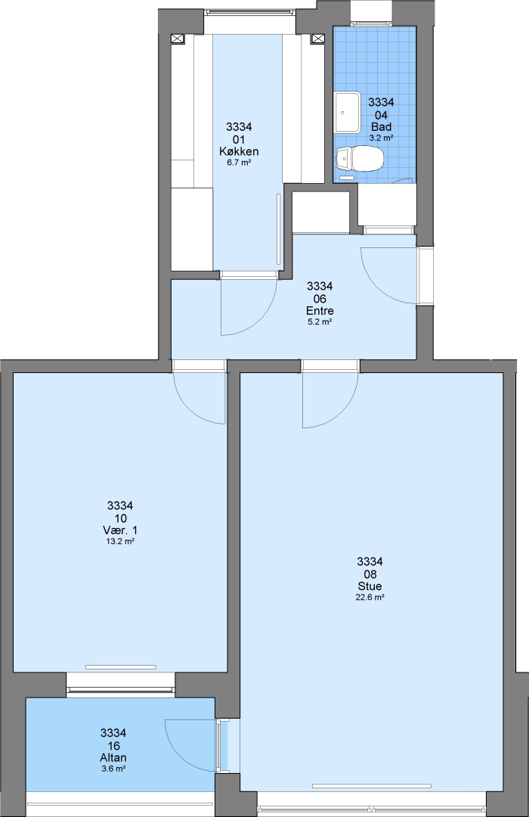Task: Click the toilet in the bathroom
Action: click(x=359, y=159)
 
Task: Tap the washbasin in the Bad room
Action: click(x=348, y=112)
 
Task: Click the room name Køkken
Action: click(x=239, y=151)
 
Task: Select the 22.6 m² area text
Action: click(x=370, y=598)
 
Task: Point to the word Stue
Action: click(x=370, y=586)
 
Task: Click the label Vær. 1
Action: click(x=120, y=530)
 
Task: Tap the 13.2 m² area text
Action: click(x=120, y=542)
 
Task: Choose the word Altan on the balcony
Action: click(x=113, y=757)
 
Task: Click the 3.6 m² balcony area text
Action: click(x=113, y=769)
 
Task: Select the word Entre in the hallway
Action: click(x=320, y=311)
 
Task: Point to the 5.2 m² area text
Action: click(x=320, y=322)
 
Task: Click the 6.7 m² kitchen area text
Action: click(x=239, y=163)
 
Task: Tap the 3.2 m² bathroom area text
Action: click(x=381, y=138)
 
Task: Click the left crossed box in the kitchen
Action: click(x=178, y=39)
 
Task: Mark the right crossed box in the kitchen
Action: click(x=317, y=39)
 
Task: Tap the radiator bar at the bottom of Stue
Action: click(x=371, y=786)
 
